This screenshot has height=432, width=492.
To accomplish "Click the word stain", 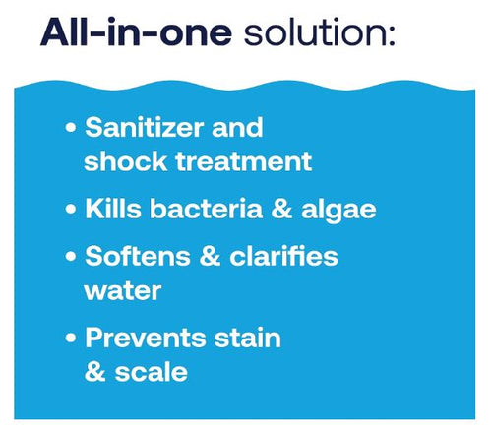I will tap(250, 339).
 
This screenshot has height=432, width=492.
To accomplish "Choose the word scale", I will tap(149, 373).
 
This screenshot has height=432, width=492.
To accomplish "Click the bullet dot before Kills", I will tap(71, 211).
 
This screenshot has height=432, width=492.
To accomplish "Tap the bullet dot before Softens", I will tap(71, 259).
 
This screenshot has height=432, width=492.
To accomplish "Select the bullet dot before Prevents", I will tap(71, 339).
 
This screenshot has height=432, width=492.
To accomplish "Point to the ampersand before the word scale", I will tap(95, 373).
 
